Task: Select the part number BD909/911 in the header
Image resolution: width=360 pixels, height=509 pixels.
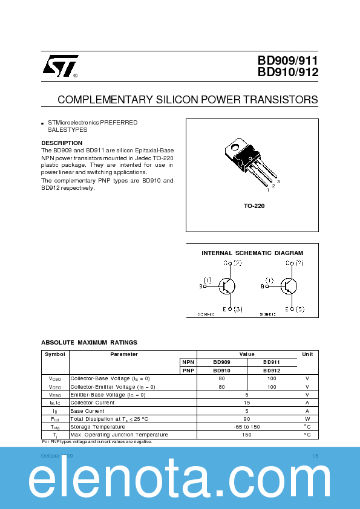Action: point(288,60)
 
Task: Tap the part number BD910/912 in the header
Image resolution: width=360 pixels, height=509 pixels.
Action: point(288,73)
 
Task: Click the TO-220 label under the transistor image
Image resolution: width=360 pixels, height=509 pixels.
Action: point(254,206)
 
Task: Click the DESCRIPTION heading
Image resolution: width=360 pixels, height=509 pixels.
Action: point(62,143)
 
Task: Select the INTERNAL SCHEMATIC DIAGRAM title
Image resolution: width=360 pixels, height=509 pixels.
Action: point(252,253)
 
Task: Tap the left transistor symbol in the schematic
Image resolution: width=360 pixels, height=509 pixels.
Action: point(227,286)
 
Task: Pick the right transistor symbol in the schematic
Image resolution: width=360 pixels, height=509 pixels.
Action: point(289,286)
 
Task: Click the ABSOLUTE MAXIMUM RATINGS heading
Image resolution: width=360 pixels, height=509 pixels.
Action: point(89,342)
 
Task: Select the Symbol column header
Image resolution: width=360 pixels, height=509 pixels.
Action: point(55,354)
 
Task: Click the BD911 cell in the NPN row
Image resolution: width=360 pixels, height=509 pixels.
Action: point(272,362)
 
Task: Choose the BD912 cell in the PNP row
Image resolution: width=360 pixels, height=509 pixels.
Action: point(272,370)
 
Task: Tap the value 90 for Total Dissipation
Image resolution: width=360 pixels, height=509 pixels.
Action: point(247,419)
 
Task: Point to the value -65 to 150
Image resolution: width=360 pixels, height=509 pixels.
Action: point(247,427)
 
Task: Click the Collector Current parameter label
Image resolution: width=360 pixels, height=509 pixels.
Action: point(93,403)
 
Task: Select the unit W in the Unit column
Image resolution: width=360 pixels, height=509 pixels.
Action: point(307,419)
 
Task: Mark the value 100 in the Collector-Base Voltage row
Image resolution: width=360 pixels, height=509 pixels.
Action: point(272,378)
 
